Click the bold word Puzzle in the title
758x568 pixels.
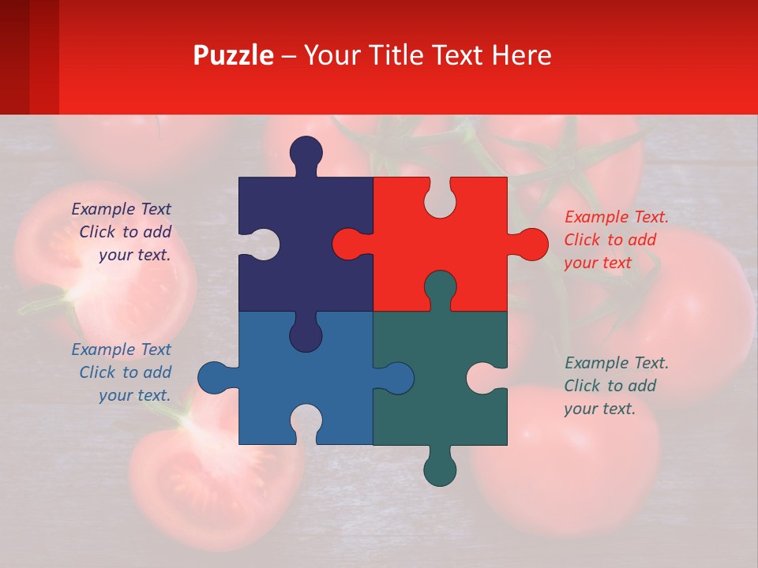click(x=234, y=56)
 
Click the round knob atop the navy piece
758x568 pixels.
click(x=306, y=153)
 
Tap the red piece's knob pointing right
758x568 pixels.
click(x=530, y=245)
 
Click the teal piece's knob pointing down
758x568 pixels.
click(x=440, y=469)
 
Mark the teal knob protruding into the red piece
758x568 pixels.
click(x=440, y=287)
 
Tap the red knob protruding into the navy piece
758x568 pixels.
click(x=349, y=244)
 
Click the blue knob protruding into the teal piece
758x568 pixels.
click(x=396, y=378)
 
